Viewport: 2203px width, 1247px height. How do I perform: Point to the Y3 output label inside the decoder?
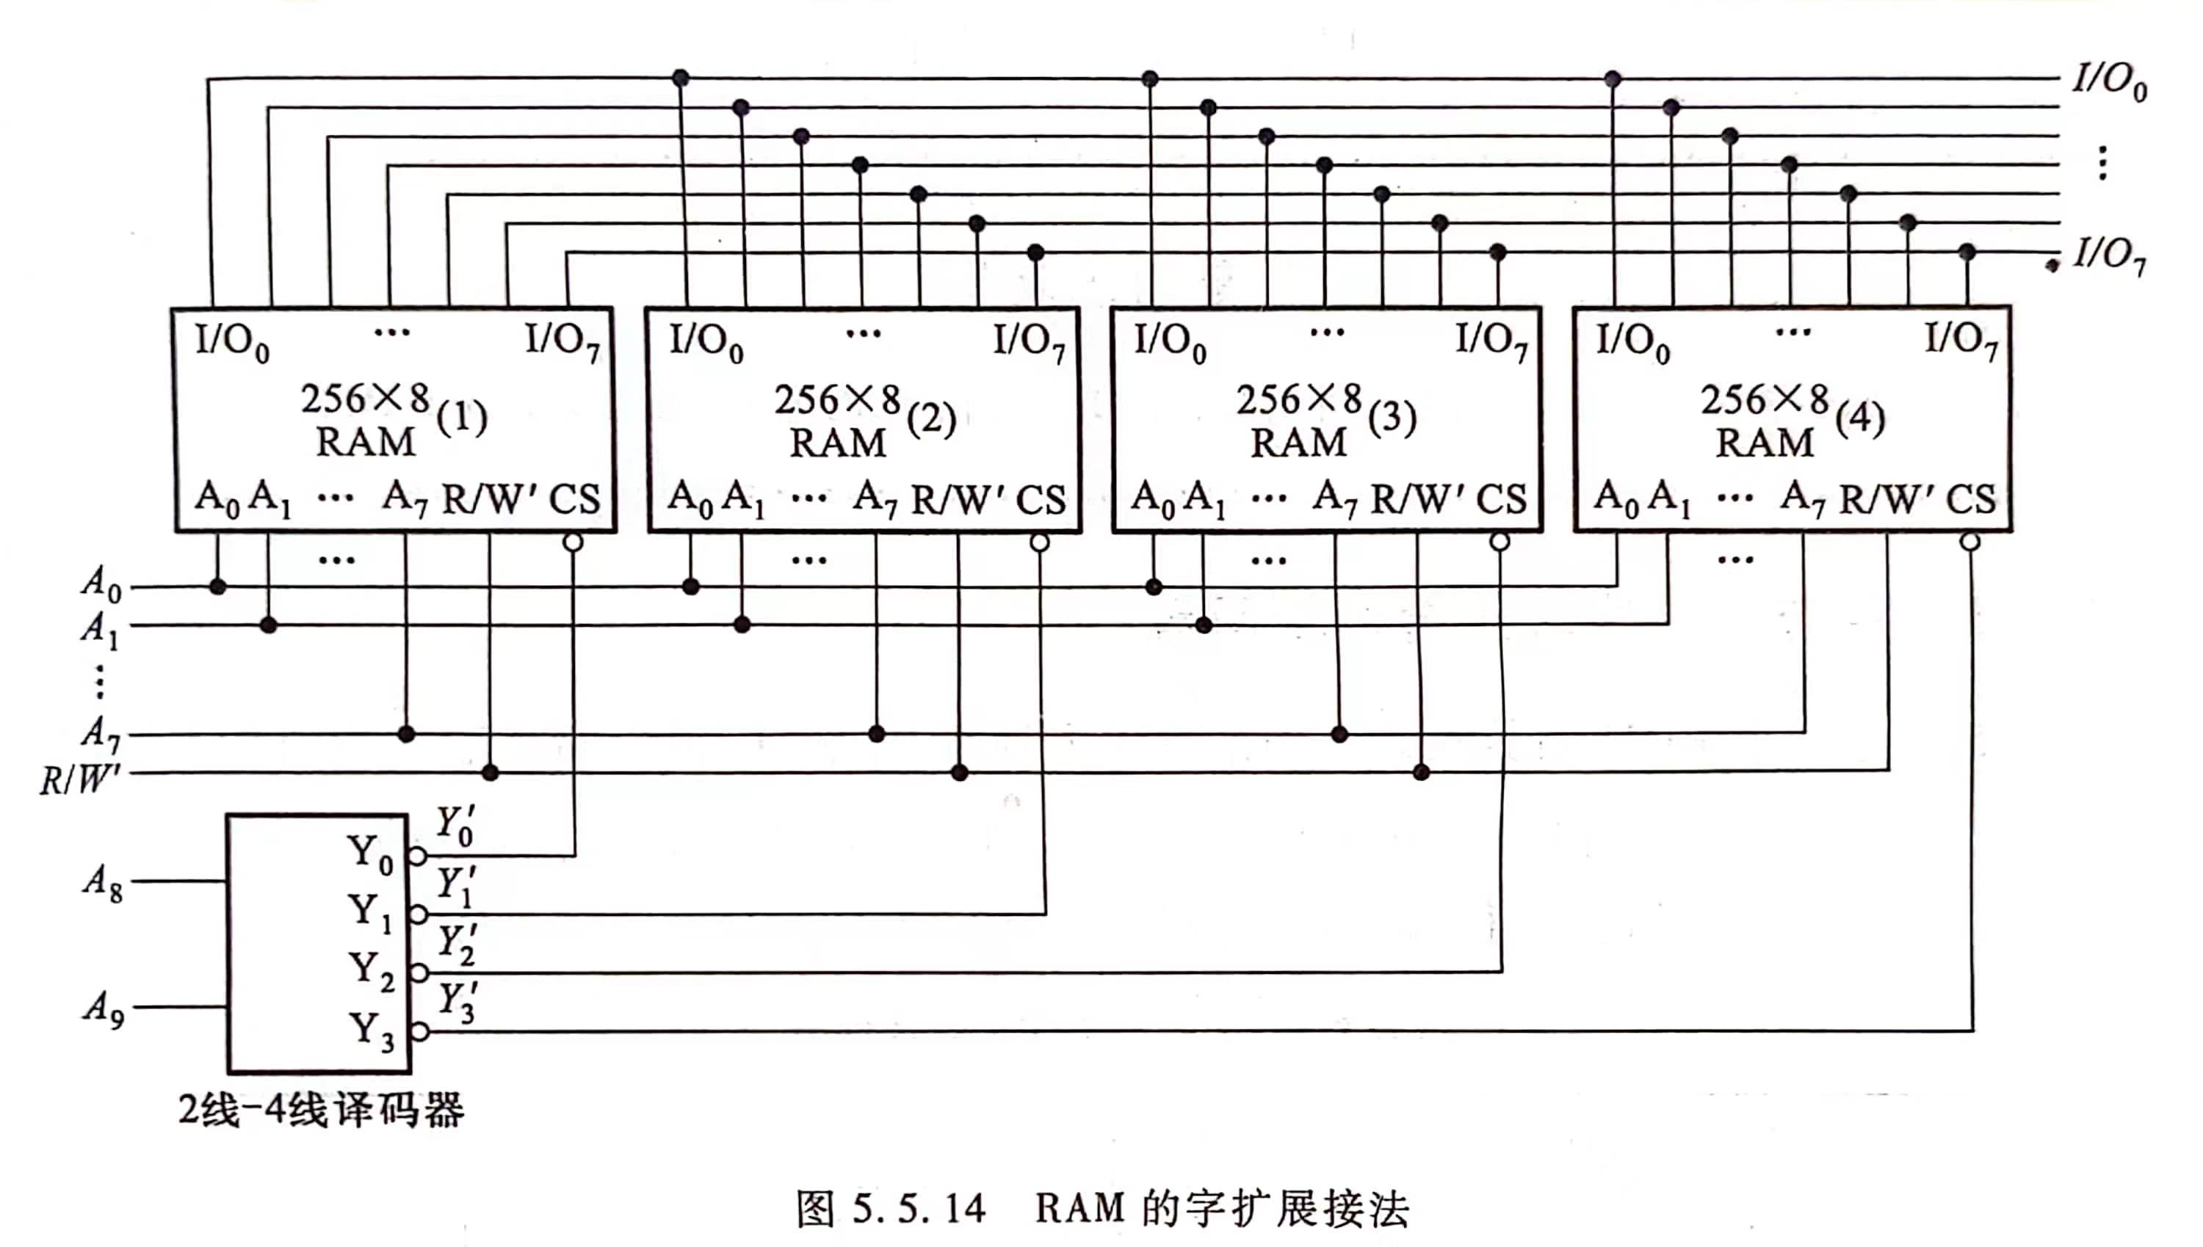[x=371, y=1031]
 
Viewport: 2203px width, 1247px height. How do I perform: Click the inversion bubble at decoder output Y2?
[x=418, y=973]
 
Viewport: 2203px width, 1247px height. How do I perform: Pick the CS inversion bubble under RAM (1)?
[x=574, y=542]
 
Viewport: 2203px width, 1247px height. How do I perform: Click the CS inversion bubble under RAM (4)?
[x=1970, y=542]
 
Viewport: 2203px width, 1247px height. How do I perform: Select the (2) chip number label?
[x=930, y=420]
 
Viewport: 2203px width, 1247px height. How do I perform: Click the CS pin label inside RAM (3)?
[x=1501, y=499]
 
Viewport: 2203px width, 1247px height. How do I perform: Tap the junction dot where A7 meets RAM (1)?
[x=406, y=734]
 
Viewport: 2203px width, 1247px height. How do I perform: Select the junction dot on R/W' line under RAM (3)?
[x=1421, y=773]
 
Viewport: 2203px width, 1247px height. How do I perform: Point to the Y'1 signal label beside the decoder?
[x=456, y=887]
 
